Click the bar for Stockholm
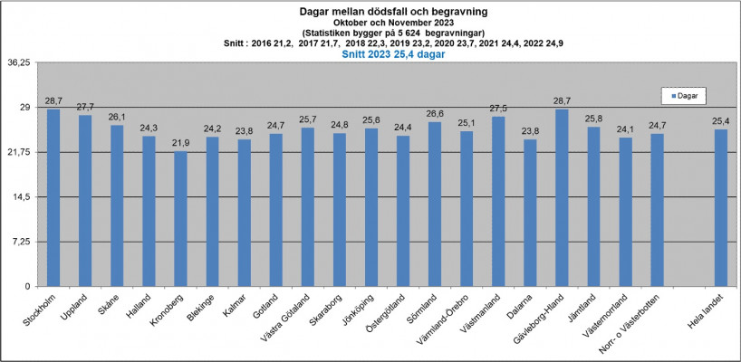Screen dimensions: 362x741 point(53,197)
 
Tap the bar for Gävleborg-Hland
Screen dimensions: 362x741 point(562,197)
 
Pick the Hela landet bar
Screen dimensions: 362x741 point(720,207)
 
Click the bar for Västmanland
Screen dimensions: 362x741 point(498,201)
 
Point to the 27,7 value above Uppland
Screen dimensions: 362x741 point(85,107)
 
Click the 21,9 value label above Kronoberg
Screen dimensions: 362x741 point(180,143)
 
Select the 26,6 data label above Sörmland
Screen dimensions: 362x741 point(435,114)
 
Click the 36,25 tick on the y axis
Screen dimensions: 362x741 point(19,62)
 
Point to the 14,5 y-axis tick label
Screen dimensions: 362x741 point(21,196)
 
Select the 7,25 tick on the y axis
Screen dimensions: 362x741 point(21,241)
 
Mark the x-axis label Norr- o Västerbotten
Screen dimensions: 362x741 point(640,320)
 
